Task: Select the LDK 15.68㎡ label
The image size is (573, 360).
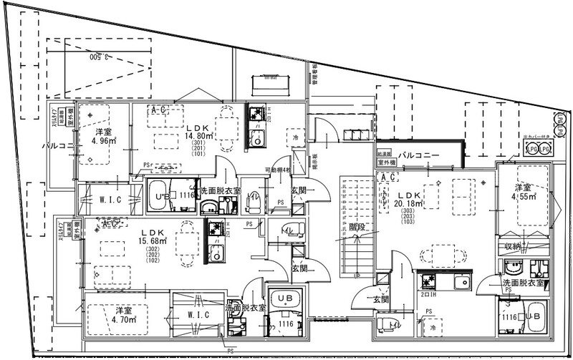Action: coord(153,237)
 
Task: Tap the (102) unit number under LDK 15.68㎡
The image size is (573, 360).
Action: coord(153,262)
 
